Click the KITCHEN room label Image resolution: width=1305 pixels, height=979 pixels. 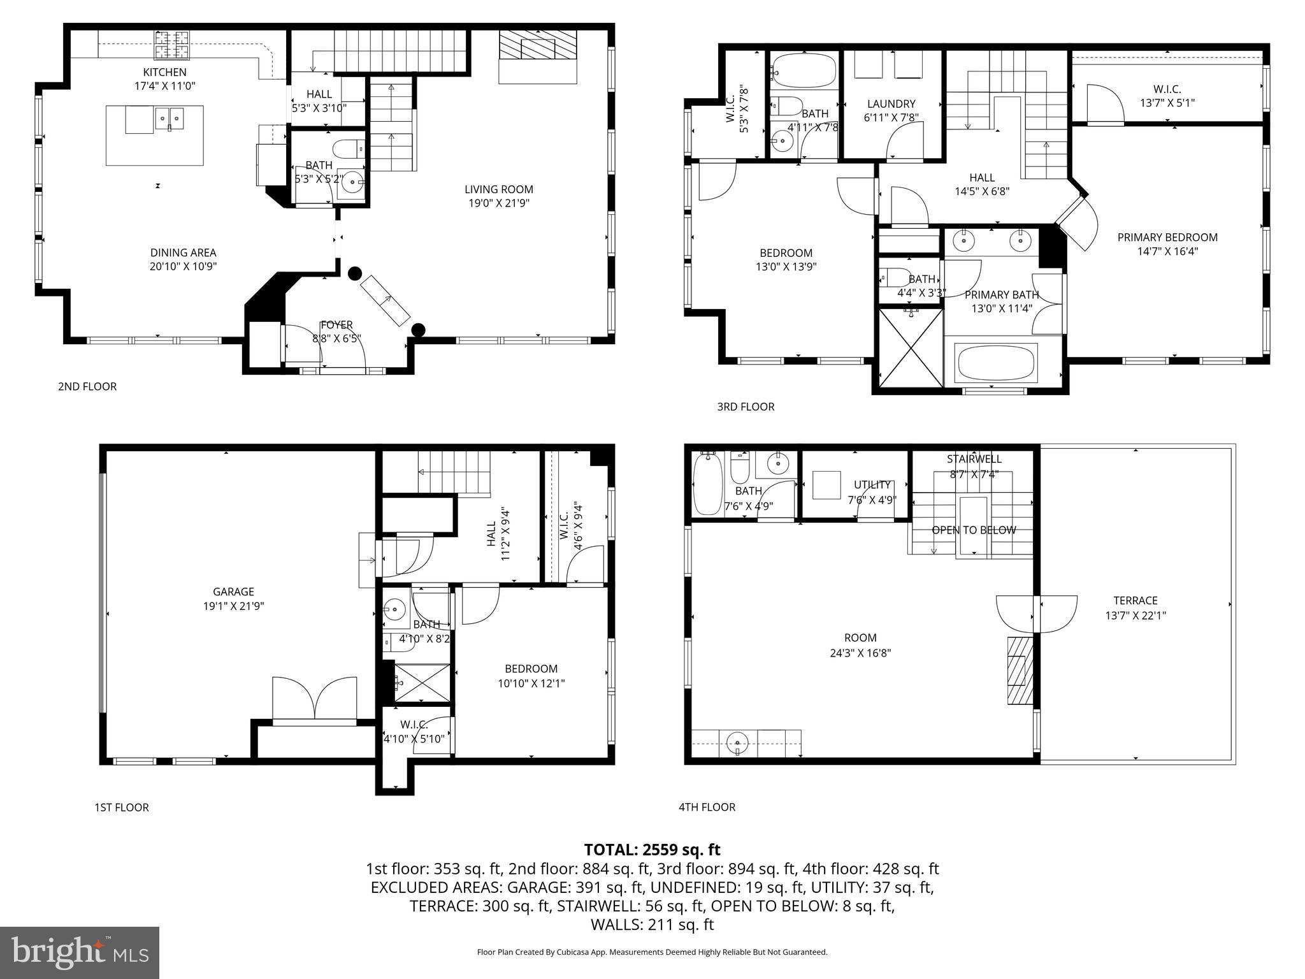(164, 72)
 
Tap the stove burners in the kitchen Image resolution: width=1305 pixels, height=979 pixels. (172, 44)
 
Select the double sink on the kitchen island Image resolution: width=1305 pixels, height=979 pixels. (169, 117)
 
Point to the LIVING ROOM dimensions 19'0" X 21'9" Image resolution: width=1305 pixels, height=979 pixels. (498, 203)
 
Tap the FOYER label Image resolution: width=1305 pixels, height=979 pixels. (336, 325)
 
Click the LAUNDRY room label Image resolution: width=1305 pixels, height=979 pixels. (891, 103)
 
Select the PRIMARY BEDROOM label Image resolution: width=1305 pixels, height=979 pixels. (1167, 237)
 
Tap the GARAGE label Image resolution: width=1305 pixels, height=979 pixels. (233, 591)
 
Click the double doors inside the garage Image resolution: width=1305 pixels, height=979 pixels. (314, 700)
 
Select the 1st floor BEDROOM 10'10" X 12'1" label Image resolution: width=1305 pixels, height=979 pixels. (531, 669)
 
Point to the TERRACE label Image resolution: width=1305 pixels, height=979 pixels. (1135, 600)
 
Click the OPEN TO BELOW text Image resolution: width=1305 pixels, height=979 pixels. (973, 530)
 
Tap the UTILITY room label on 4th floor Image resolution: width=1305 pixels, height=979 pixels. (872, 485)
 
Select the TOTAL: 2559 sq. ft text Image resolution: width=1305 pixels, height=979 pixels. (652, 850)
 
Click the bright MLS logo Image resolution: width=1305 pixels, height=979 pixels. (80, 952)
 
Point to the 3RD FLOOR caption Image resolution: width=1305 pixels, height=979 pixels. (746, 407)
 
